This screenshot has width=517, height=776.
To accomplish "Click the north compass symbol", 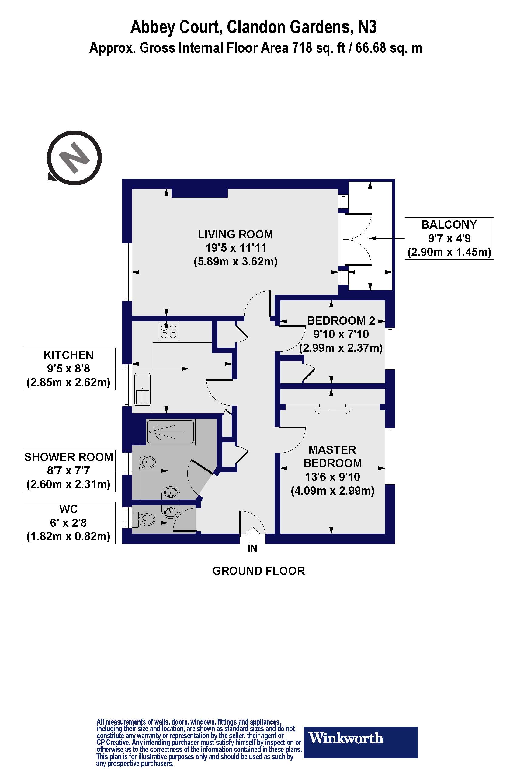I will tap(75, 158).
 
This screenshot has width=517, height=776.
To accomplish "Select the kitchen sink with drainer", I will tap(142, 389).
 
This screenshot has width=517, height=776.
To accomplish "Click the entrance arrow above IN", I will tap(252, 534).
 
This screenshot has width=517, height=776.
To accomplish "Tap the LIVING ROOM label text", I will tap(235, 234).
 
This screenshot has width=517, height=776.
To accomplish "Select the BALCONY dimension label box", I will tap(449, 238).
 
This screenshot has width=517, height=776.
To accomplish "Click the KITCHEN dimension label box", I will tap(69, 369).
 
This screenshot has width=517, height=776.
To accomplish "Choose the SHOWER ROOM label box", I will tap(69, 470).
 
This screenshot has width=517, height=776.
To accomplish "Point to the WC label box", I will tap(69, 523).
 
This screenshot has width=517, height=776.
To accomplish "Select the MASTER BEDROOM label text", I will tap(332, 456).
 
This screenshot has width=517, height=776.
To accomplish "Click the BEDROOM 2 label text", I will tap(341, 321).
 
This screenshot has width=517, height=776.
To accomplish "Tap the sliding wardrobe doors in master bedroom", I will tap(332, 408).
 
